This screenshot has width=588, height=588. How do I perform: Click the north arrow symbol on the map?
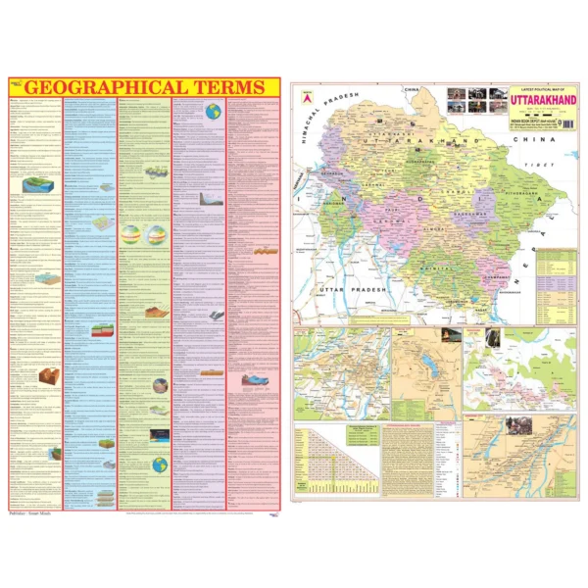pyautogui.click(x=306, y=97)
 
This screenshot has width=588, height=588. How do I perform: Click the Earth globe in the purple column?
pyautogui.click(x=213, y=112)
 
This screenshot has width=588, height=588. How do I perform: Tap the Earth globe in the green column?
pyautogui.click(x=158, y=465)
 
